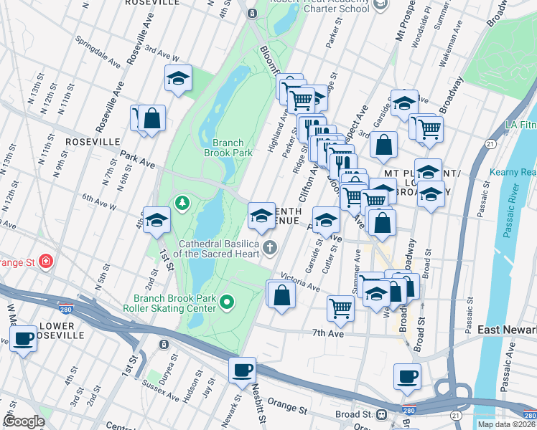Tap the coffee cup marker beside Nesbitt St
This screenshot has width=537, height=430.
243,369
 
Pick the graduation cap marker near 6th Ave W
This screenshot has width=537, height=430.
156,220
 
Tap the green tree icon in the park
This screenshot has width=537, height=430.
182,204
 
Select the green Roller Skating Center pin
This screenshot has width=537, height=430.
228,302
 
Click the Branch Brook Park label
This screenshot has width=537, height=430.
228,148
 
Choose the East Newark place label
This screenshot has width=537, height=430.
507,329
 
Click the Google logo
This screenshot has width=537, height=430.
24,421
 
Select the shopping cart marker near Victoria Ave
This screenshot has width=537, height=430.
340,308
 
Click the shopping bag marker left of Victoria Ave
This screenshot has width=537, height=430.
281,295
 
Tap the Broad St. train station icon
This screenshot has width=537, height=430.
381,414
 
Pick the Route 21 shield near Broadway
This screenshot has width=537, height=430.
490,143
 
